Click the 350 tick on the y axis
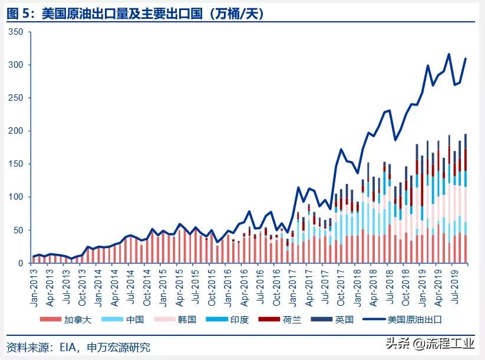[15, 32]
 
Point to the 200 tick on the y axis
[15, 131]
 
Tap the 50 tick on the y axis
[18, 230]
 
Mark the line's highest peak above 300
[449, 54]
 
